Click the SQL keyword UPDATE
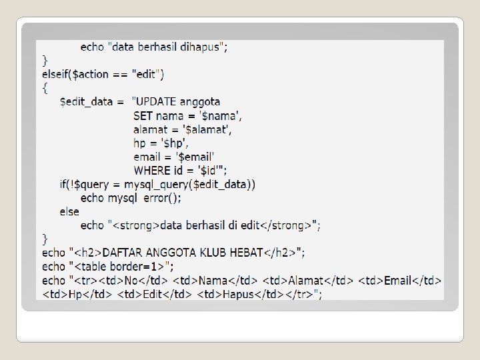tap(159, 102)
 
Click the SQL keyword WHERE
tap(152, 171)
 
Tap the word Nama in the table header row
tap(213, 281)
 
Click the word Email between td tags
tap(399, 281)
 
